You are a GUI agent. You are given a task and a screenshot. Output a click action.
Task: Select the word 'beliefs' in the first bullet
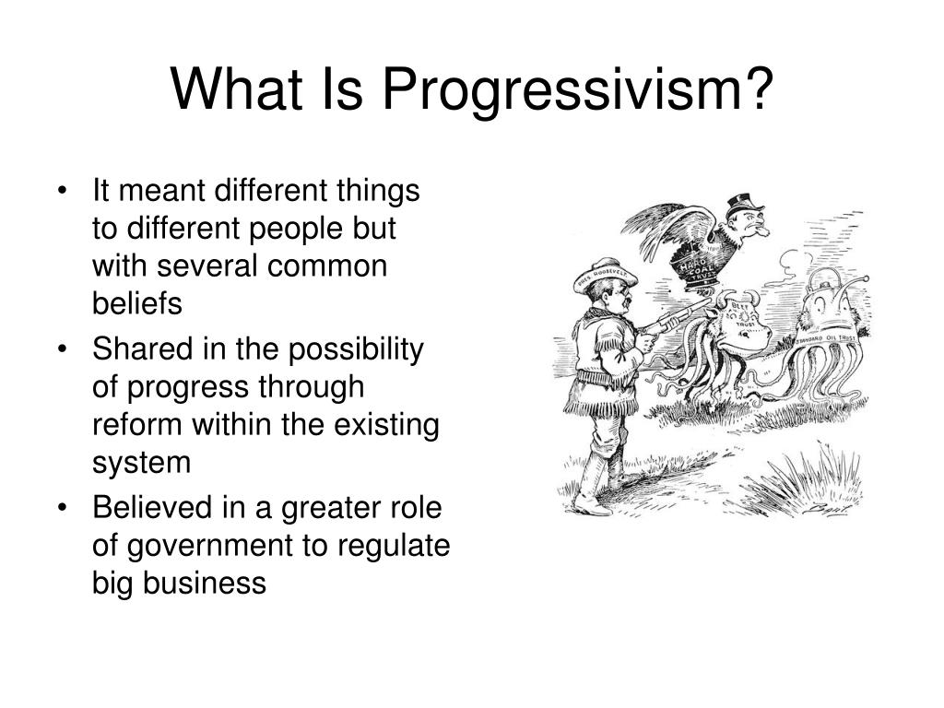(137, 302)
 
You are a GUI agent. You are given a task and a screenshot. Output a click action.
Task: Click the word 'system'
(141, 462)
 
